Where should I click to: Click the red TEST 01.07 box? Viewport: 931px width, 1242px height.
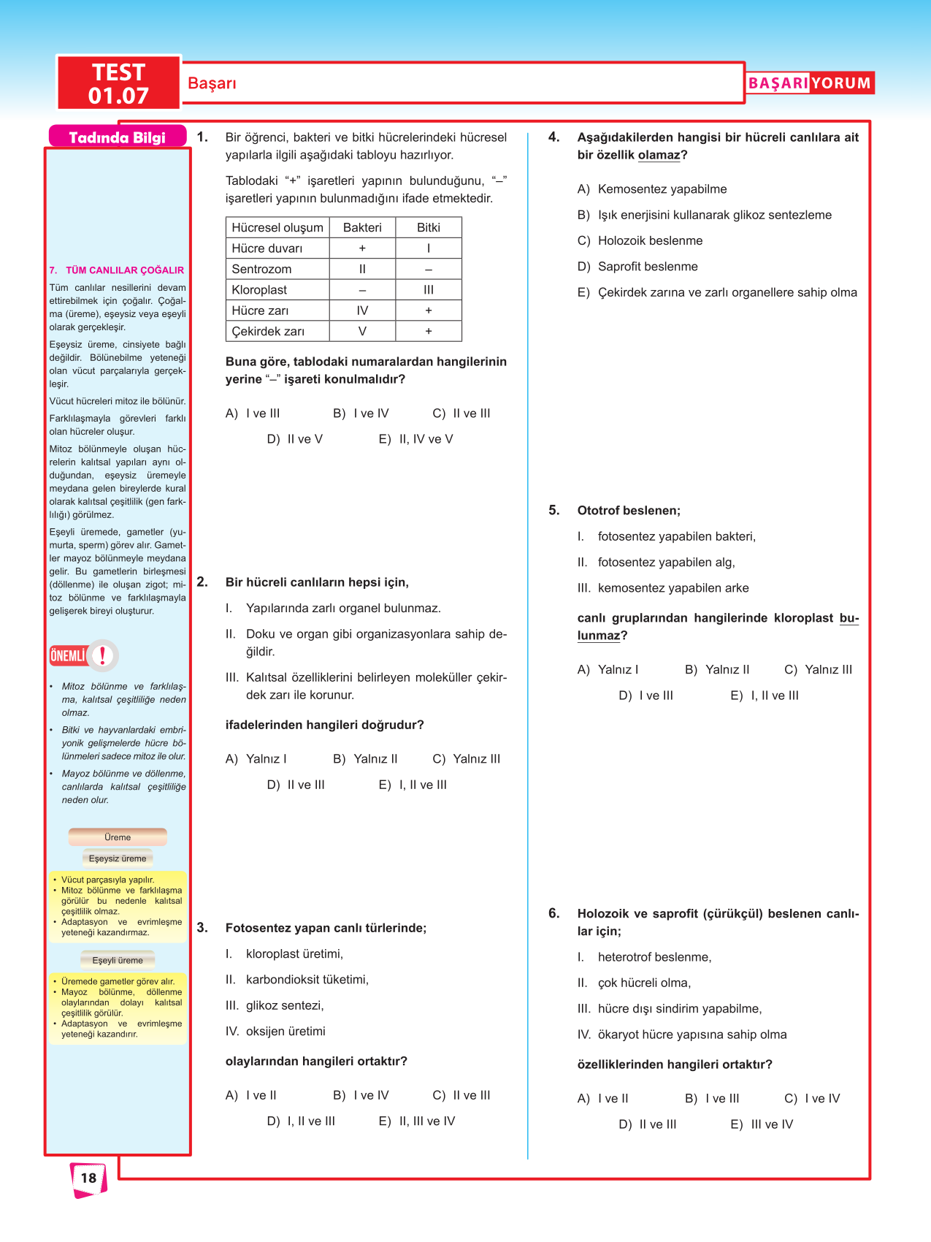pyautogui.click(x=118, y=83)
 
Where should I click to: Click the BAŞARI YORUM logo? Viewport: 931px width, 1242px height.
pyautogui.click(x=809, y=83)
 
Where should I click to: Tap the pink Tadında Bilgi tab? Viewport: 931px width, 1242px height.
pyautogui.click(x=117, y=137)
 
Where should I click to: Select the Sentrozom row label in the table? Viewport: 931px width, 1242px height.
pyautogui.click(x=261, y=269)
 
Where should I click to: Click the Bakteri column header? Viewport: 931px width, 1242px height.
pyautogui.click(x=362, y=227)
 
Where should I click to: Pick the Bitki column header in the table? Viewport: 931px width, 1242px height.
pyautogui.click(x=429, y=227)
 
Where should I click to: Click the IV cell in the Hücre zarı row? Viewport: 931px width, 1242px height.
pyautogui.click(x=362, y=310)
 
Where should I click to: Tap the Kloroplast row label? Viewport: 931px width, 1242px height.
pyautogui.click(x=259, y=290)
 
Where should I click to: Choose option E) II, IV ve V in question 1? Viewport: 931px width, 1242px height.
pyautogui.click(x=416, y=439)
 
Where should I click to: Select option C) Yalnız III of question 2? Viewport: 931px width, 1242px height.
pyautogui.click(x=467, y=759)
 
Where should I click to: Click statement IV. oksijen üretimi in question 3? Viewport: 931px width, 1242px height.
pyautogui.click(x=276, y=1032)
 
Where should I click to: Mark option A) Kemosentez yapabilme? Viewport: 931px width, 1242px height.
pyautogui.click(x=652, y=189)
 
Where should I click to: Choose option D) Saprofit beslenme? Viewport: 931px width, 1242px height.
pyautogui.click(x=637, y=267)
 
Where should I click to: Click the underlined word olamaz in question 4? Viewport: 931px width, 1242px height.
pyautogui.click(x=659, y=155)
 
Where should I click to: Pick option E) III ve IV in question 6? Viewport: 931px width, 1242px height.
pyautogui.click(x=762, y=1124)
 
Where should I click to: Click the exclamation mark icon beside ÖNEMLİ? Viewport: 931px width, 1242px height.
pyautogui.click(x=103, y=655)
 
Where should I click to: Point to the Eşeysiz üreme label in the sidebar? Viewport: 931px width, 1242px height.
pyautogui.click(x=118, y=858)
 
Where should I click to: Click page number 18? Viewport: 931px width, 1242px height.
pyautogui.click(x=88, y=1178)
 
